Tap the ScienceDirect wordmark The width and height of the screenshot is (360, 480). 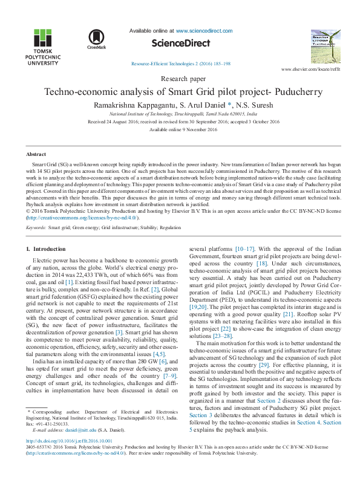tap(180, 44)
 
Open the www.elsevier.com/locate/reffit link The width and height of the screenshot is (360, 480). tap(316, 70)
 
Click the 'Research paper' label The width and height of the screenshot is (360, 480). tap(180, 79)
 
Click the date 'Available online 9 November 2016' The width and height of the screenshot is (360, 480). tap(180, 129)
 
